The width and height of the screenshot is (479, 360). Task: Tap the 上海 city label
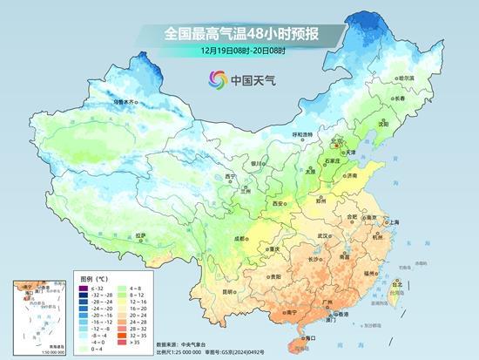[391, 222]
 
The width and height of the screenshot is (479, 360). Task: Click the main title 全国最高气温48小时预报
[239, 33]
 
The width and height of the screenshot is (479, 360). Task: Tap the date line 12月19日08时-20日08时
[239, 51]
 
